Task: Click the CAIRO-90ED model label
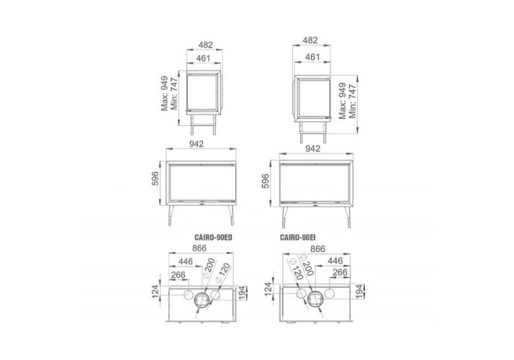pyautogui.click(x=213, y=237)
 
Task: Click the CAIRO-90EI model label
pyautogui.click(x=297, y=237)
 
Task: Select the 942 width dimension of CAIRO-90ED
pyautogui.click(x=197, y=144)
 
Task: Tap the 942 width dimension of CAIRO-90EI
pyautogui.click(x=312, y=148)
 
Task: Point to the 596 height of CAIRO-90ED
pyautogui.click(x=155, y=179)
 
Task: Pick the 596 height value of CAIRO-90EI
pyautogui.click(x=265, y=181)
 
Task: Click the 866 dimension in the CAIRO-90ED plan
pyautogui.click(x=199, y=248)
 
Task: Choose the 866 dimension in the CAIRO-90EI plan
pyautogui.click(x=318, y=249)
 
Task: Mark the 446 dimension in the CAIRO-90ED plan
pyautogui.click(x=186, y=261)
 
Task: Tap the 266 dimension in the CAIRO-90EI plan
pyautogui.click(x=340, y=272)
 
